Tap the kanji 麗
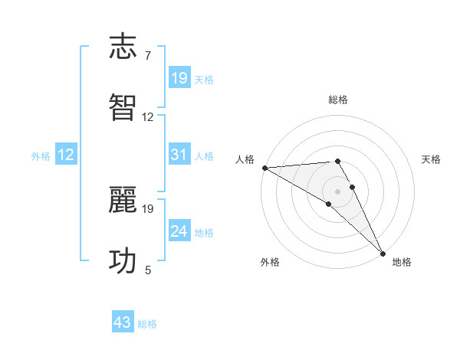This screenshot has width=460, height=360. point(123,201)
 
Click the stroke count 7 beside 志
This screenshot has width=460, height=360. point(147,56)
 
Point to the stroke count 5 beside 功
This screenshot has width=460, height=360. point(147,270)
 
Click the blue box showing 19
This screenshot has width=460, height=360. point(179,78)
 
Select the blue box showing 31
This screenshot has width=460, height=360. point(179,155)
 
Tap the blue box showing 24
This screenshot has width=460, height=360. point(179,231)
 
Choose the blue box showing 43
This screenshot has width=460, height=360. point(123,322)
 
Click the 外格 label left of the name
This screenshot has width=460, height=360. point(41,156)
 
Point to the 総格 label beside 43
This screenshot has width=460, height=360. point(147,324)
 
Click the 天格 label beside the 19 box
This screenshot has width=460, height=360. point(204,79)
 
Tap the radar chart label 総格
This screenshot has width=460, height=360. point(337,100)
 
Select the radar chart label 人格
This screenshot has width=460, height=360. point(244,159)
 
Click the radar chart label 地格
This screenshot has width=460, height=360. point(402,262)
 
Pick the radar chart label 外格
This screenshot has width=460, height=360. point(270,262)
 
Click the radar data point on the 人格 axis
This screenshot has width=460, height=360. point(264,168)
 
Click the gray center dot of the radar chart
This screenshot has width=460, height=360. point(337,191)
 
